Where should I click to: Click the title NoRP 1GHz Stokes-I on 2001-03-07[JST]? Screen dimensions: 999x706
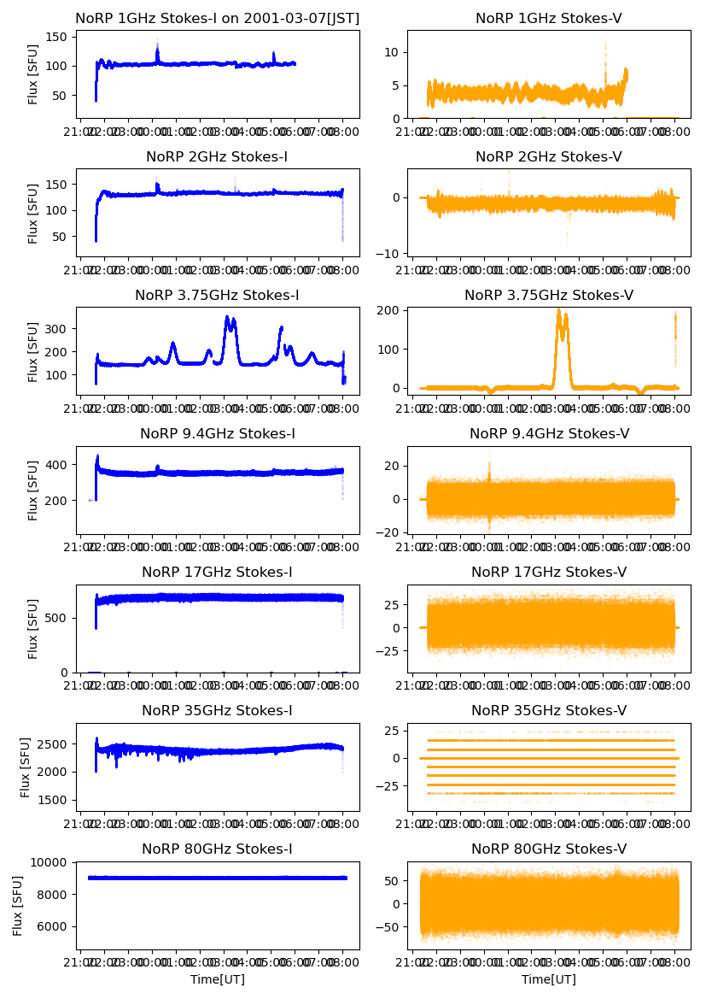[217, 18]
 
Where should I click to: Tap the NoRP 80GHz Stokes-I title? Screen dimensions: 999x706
[217, 849]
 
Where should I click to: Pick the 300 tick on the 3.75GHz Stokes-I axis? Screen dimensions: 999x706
[60, 328]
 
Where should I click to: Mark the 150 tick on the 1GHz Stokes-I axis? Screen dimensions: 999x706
[60, 37]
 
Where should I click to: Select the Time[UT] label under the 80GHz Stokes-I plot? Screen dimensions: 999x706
[217, 979]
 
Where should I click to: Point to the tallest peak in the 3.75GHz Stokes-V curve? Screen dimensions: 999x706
[558, 311]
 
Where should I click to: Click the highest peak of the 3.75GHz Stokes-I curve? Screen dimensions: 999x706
[227, 317]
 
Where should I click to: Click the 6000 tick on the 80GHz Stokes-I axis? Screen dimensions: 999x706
[56, 926]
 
